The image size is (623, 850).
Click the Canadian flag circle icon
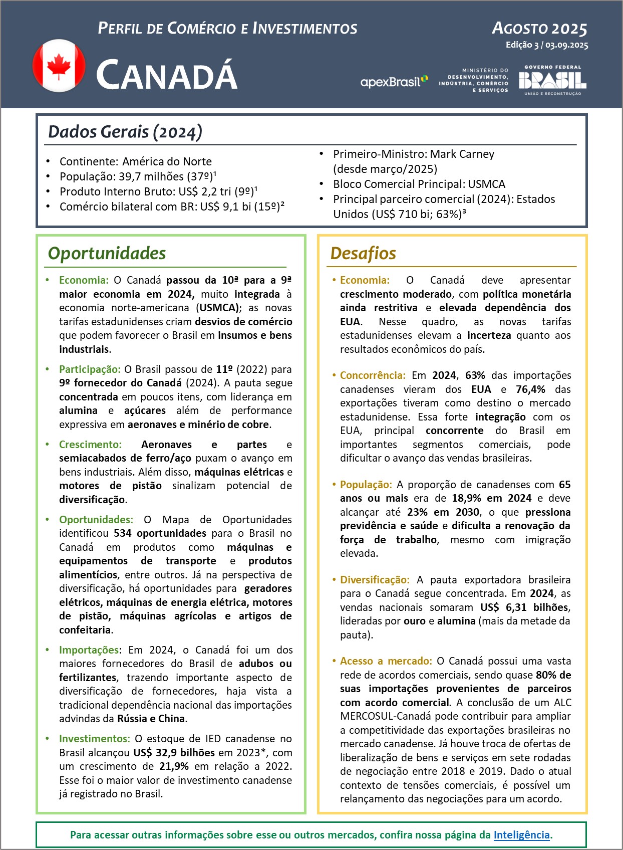pos(59,66)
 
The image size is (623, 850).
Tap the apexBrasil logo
pos(394,82)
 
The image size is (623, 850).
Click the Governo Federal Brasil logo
pos(552,80)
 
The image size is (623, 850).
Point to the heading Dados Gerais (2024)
pos(125,132)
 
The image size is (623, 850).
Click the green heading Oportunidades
pos(107,253)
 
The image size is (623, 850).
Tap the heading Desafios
pos(363,253)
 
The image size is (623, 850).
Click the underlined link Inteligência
pos(521,834)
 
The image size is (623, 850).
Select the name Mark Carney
pos(462,154)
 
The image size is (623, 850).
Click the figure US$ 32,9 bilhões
pos(174,752)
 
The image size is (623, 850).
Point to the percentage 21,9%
pos(174,766)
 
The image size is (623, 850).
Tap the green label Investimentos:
pos(94,739)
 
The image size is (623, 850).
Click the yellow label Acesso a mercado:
pos(386,661)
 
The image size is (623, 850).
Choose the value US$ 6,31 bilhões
pos(524,607)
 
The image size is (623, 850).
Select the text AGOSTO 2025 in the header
pos(539,29)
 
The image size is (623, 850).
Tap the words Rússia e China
pos(151,719)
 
